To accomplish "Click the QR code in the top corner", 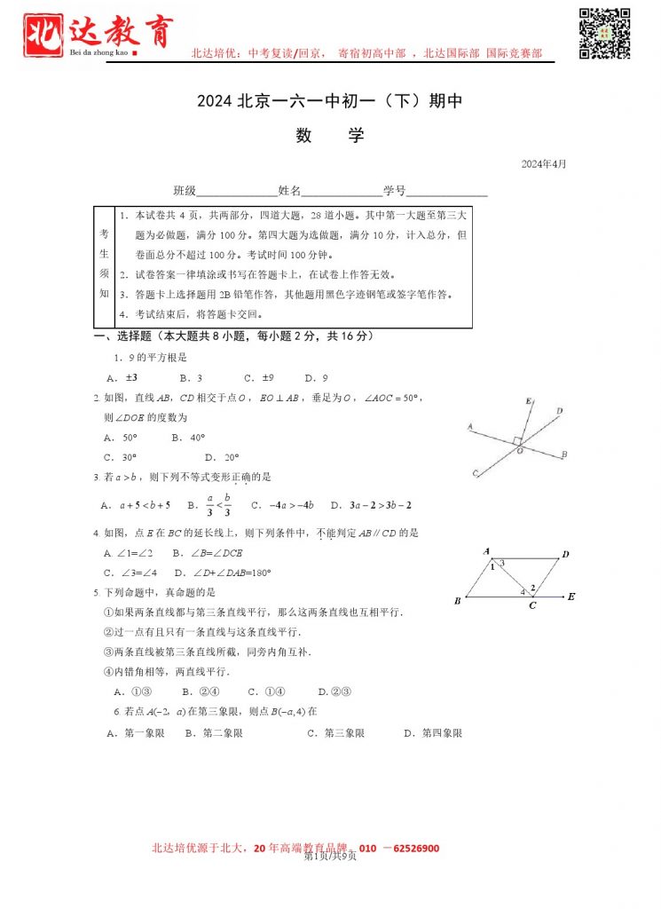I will tap(605, 33).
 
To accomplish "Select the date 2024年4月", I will tap(543, 164).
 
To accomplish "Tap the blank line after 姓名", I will tap(342, 192).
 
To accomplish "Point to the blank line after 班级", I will tap(236, 192).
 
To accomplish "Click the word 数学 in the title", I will tap(330, 136).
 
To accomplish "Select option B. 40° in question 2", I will tap(188, 438).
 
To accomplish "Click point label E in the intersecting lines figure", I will tap(529, 402).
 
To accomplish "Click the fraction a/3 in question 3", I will tap(210, 504).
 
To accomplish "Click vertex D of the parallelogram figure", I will tap(565, 555).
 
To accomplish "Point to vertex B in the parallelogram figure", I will tap(457, 601).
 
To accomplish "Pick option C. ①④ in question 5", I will tap(266, 692).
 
